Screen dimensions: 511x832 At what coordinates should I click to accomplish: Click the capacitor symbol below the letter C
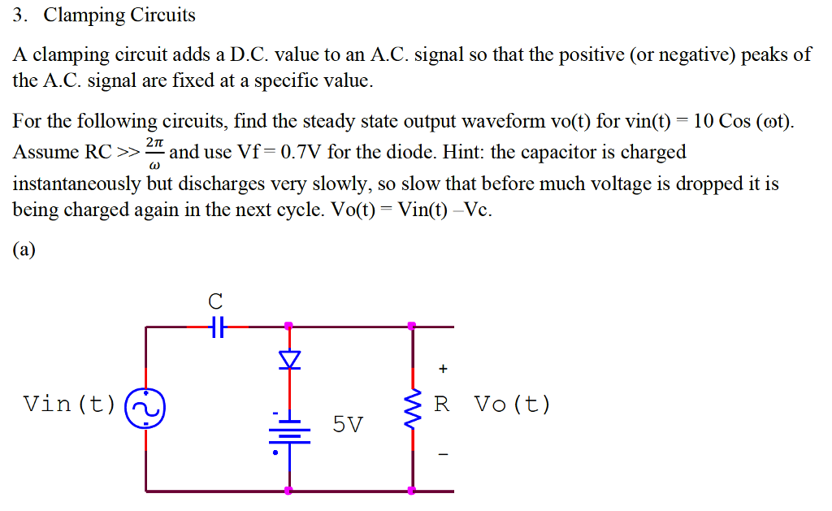215,327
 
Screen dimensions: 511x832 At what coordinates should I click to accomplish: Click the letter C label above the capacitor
215,301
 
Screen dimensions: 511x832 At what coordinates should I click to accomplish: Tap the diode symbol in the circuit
289,359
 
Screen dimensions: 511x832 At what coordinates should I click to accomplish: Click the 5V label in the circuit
349,424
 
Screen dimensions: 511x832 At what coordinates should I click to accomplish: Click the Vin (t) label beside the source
70,404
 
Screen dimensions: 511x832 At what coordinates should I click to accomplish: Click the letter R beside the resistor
442,404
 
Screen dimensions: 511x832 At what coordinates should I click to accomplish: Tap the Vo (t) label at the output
512,404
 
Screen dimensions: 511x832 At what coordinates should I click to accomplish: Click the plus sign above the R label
443,369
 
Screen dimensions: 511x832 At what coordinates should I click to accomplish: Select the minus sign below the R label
443,454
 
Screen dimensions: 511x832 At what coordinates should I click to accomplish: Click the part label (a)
24,250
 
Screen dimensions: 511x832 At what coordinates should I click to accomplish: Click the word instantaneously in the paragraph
78,183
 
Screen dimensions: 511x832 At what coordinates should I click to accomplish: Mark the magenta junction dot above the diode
289,327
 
